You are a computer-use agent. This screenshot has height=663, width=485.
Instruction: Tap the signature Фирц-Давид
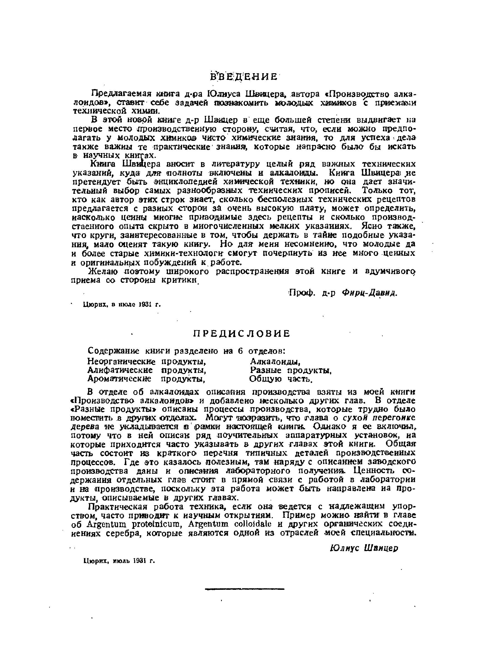click(370, 293)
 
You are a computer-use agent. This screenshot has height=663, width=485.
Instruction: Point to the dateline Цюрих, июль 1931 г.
click(119, 561)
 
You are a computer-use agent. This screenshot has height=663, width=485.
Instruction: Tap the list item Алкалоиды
click(276, 361)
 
